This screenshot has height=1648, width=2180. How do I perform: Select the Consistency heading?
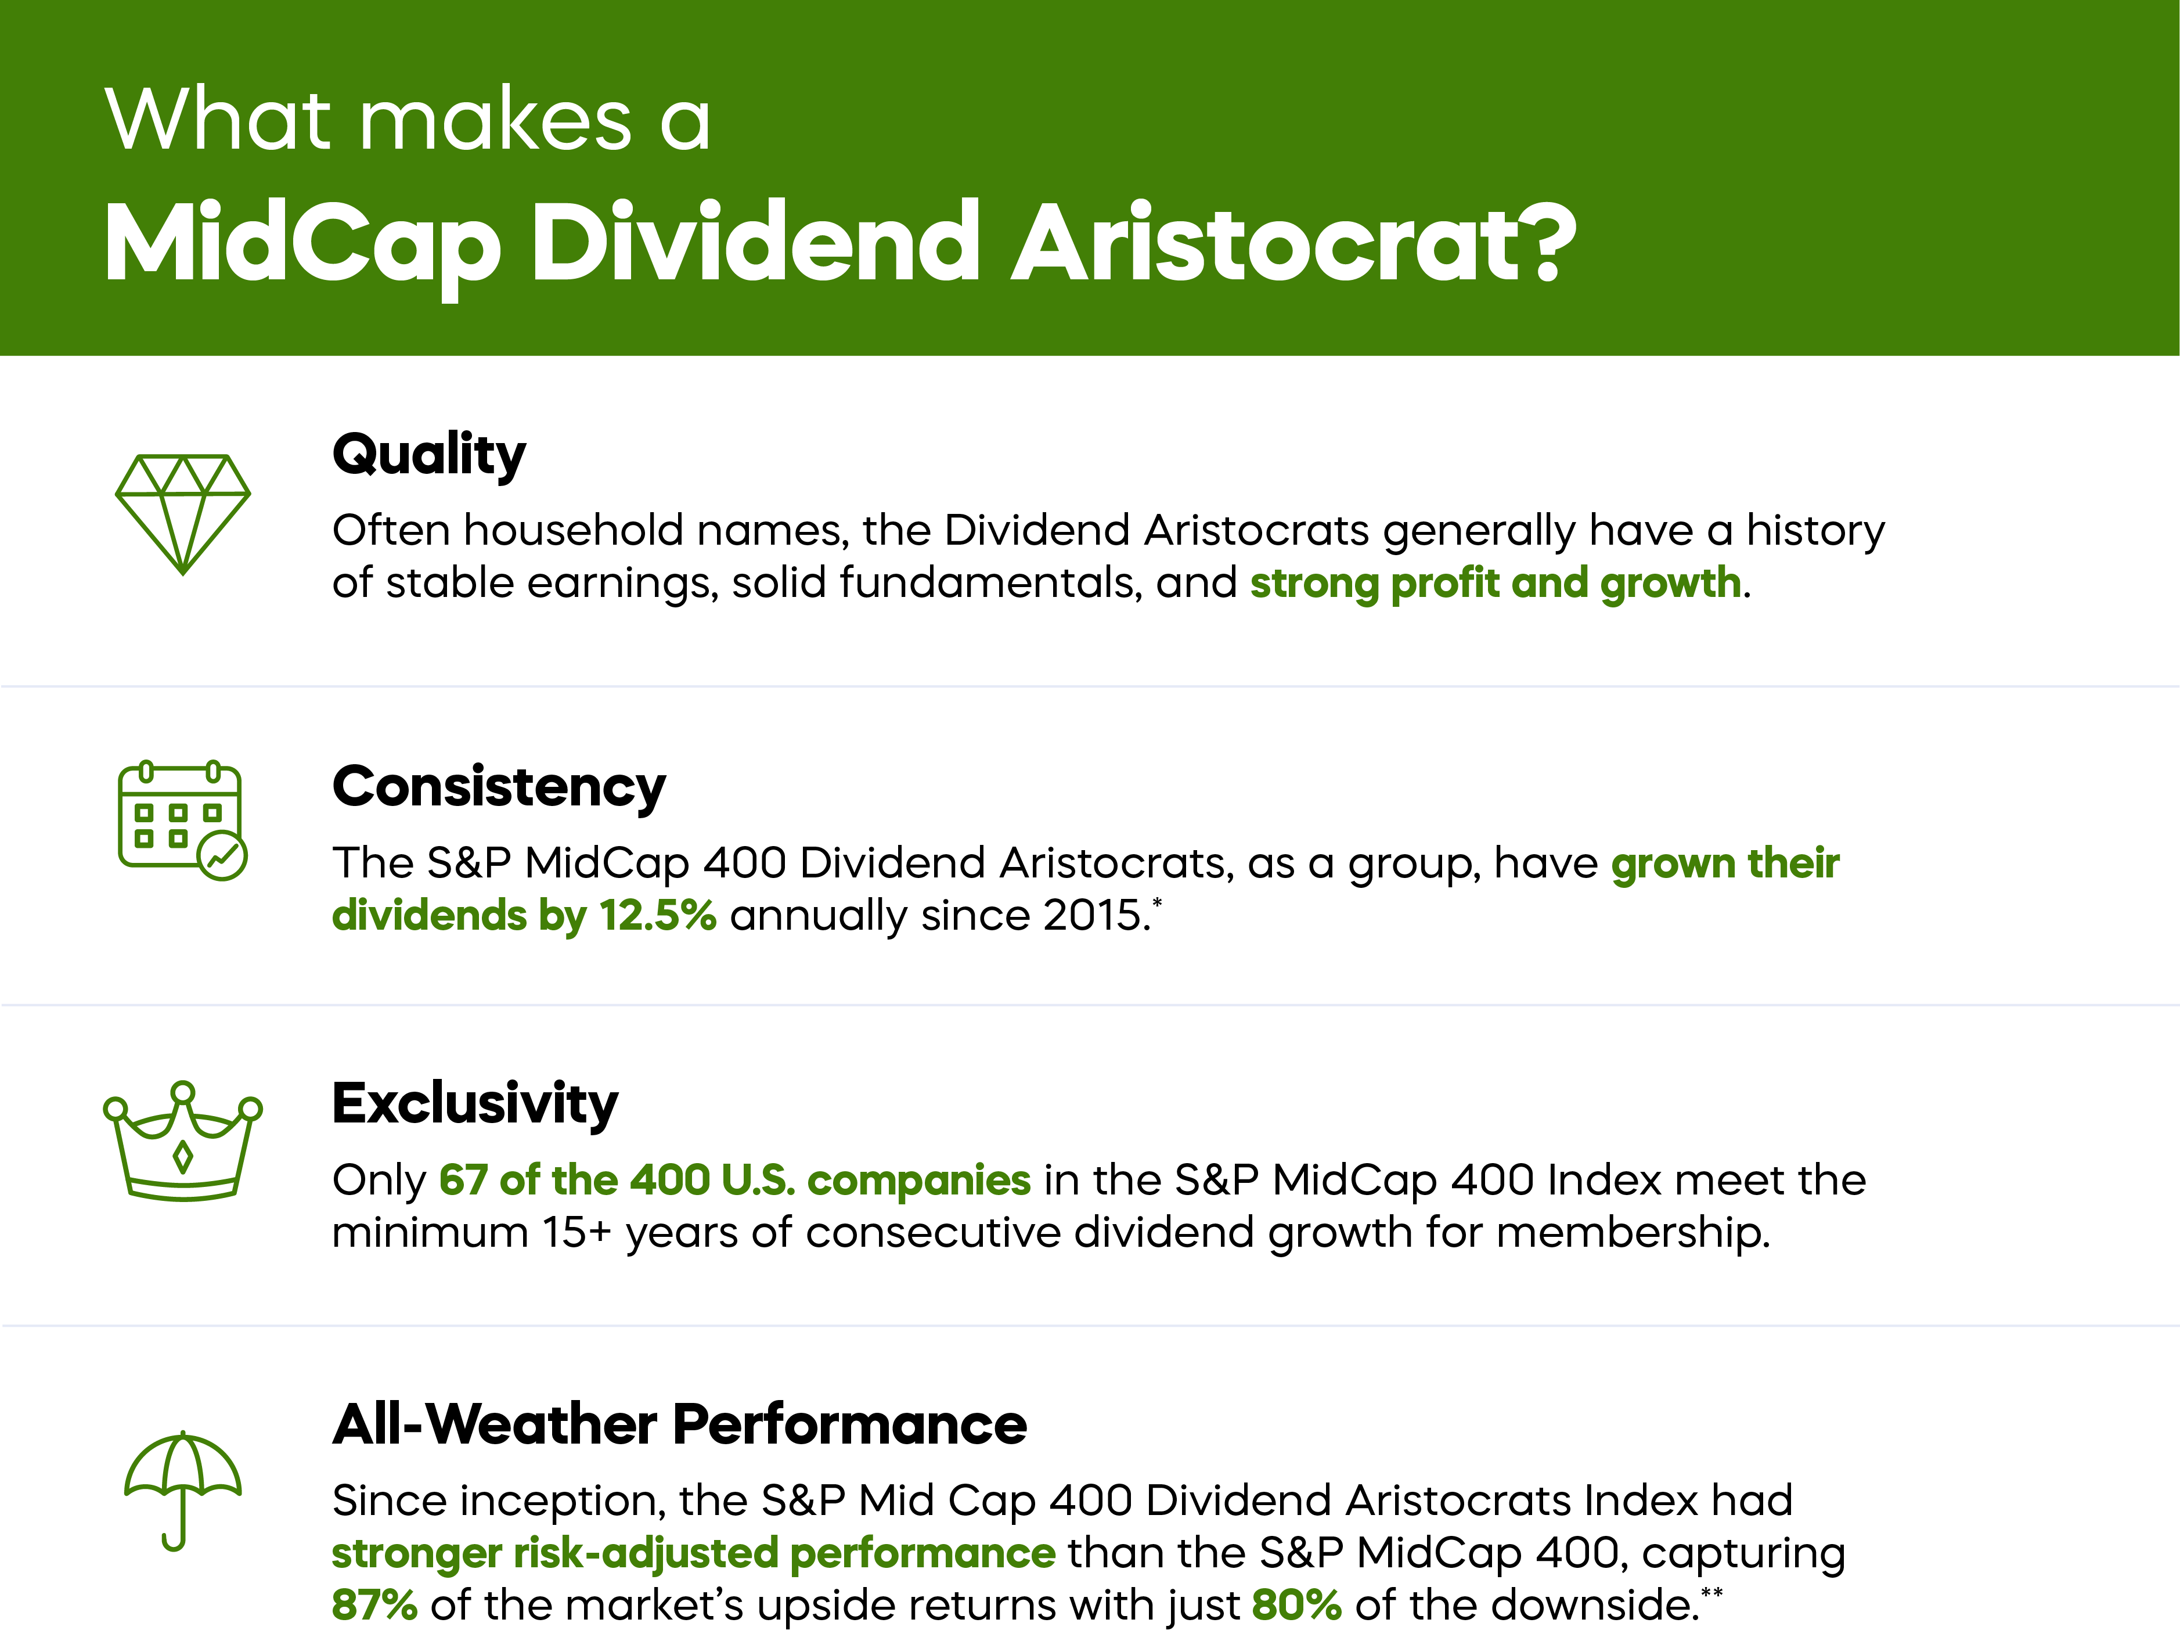[499, 787]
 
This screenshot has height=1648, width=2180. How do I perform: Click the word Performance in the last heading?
[849, 1424]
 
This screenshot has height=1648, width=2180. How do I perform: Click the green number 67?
[463, 1180]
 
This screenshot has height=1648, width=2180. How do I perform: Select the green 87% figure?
[374, 1604]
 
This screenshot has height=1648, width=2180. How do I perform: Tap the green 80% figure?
[1296, 1604]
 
